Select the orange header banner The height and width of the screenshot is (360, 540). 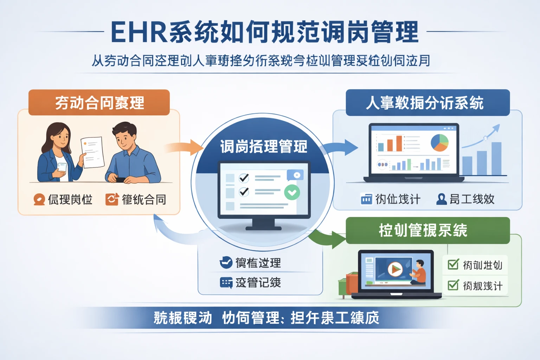point(99,102)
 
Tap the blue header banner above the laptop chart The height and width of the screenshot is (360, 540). point(427,102)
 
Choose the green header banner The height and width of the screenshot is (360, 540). point(427,230)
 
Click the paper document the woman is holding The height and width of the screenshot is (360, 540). point(92,152)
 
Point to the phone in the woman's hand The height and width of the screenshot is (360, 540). point(62,167)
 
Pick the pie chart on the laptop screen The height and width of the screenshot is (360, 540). point(439,142)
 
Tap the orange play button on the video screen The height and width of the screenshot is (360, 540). point(395,269)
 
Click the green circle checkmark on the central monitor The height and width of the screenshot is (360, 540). point(292,192)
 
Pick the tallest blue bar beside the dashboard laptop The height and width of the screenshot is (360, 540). point(496,158)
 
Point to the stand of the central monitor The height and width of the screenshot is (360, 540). point(264,224)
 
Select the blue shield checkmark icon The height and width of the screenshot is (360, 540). point(226,262)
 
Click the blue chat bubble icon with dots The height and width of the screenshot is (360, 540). point(226,283)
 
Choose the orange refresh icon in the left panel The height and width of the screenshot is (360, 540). point(112,199)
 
